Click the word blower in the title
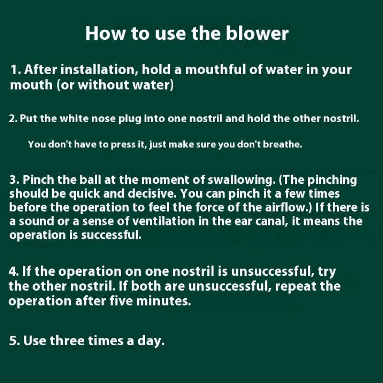coord(257,33)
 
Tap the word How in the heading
coord(105,33)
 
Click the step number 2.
coord(13,119)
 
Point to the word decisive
coord(152,193)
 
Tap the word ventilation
coord(164,221)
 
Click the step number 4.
coord(13,271)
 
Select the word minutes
coord(163,301)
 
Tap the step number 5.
coord(14,341)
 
